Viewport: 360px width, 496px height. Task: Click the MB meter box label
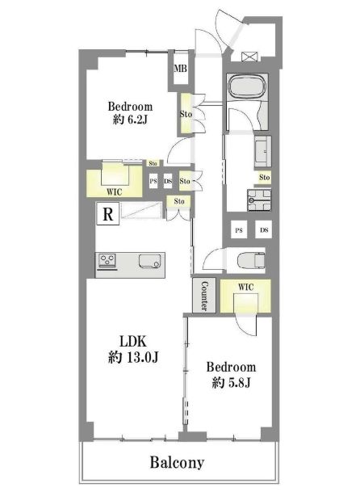(x=181, y=69)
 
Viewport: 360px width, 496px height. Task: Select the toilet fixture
(x=251, y=260)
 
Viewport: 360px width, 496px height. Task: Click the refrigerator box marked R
(x=108, y=214)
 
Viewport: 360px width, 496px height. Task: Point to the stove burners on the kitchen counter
(x=107, y=261)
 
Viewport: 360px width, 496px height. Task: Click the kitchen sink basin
(x=150, y=261)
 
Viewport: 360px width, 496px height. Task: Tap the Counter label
(x=204, y=296)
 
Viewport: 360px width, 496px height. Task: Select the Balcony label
(x=177, y=463)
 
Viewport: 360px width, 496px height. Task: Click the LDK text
(x=132, y=342)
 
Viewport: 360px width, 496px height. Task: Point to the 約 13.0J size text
(x=133, y=357)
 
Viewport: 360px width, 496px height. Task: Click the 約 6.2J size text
(x=130, y=120)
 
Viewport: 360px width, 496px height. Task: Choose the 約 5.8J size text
(x=232, y=383)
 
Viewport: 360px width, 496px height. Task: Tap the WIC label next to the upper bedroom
(x=114, y=192)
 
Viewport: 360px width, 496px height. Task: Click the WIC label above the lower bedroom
(x=245, y=288)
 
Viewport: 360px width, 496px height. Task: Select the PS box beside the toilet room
(x=239, y=230)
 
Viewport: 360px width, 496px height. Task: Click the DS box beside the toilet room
(x=264, y=230)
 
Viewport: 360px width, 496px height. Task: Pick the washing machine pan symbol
(x=259, y=200)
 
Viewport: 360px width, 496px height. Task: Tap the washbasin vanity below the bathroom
(x=262, y=152)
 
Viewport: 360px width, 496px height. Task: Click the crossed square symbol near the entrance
(x=250, y=57)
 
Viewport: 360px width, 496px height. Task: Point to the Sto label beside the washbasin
(x=264, y=178)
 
